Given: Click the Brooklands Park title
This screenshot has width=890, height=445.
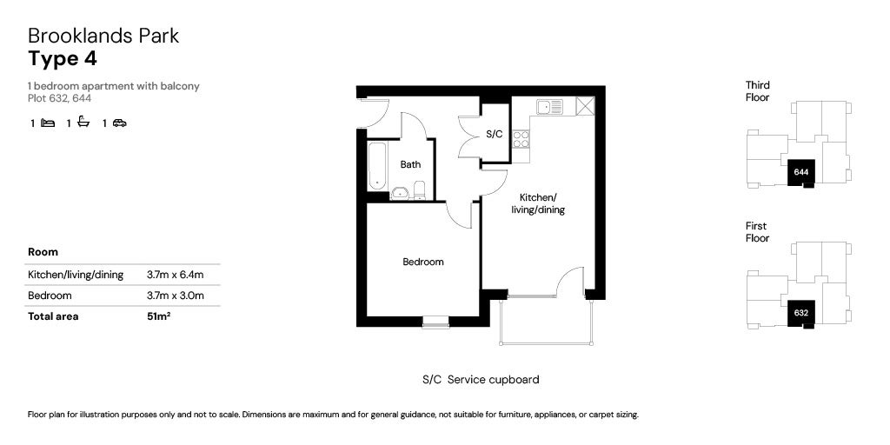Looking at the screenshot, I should (103, 36).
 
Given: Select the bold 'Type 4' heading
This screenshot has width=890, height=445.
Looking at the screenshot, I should (63, 59).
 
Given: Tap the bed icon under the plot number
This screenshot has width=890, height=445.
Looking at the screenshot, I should (48, 123).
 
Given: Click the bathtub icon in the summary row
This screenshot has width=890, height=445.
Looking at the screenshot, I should (83, 123).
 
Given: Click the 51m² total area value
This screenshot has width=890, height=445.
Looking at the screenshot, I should (159, 316).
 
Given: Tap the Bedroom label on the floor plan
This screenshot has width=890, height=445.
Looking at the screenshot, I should (422, 262).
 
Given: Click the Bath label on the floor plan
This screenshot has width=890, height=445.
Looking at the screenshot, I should (410, 164).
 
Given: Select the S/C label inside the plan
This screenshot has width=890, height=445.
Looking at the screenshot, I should (495, 135).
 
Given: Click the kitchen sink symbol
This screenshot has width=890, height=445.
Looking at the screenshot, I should (549, 107).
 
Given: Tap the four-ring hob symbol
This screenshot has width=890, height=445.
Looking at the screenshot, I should (521, 139).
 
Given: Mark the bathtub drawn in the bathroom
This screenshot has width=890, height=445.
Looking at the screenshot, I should (376, 167).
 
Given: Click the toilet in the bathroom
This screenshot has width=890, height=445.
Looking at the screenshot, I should (419, 190).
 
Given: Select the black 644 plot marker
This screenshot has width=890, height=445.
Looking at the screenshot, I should (801, 172).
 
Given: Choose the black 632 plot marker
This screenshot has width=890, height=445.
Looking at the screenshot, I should (801, 313).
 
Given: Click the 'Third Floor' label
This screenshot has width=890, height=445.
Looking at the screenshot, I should (758, 91).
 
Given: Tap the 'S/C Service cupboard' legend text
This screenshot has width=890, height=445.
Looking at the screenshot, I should (481, 380).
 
